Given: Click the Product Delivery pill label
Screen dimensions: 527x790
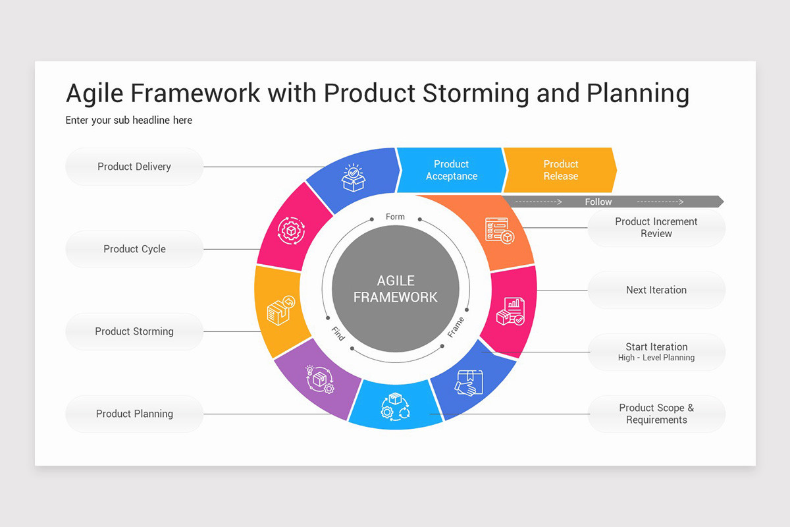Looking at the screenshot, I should click(x=134, y=167).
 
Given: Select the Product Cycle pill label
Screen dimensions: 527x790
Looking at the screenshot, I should click(x=134, y=249).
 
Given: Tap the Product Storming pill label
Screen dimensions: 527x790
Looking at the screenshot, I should click(x=134, y=331).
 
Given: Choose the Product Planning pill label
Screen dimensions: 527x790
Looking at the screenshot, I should click(x=134, y=414).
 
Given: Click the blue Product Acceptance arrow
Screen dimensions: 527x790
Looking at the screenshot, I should click(x=451, y=170).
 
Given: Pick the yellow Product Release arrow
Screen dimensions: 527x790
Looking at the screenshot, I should click(x=560, y=170).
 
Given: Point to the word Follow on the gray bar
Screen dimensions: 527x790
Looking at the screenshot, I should click(x=598, y=202).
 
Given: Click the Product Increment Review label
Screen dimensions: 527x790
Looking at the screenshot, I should click(x=656, y=227).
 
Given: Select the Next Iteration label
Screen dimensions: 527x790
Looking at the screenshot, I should click(x=656, y=290).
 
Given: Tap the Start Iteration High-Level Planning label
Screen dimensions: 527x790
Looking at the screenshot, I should click(x=656, y=352).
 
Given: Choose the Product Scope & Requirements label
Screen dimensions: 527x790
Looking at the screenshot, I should click(x=656, y=414).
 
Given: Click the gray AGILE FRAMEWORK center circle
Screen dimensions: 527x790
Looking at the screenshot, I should click(x=395, y=289).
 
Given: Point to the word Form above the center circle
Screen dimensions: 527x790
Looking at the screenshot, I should click(x=395, y=217).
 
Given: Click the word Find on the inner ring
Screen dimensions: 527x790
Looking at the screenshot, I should click(x=338, y=333).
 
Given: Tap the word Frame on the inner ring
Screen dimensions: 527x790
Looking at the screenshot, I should click(x=456, y=327).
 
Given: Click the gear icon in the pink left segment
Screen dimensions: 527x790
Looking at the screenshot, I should click(x=290, y=231).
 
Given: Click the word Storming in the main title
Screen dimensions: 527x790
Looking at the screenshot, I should click(x=475, y=93).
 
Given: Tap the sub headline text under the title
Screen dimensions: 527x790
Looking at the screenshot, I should click(x=129, y=120).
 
